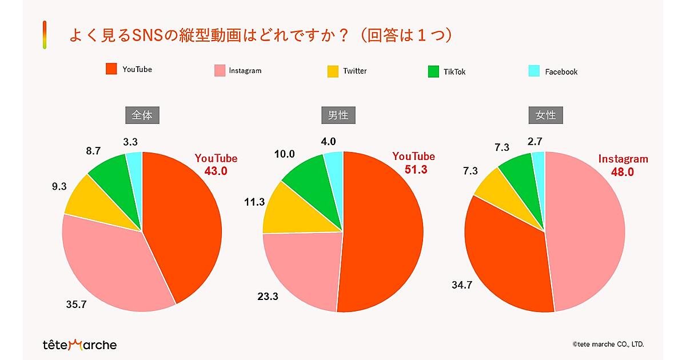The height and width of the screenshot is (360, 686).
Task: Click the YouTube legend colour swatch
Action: pos(111,69)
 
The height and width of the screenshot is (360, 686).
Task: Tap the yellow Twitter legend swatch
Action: pos(333,71)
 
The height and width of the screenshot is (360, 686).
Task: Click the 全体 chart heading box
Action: pos(142,115)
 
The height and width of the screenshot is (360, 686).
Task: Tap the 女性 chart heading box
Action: pos(545,115)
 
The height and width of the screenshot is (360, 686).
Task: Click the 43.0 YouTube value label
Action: pos(216,170)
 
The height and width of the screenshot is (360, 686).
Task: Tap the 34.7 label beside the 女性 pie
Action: pos(461,285)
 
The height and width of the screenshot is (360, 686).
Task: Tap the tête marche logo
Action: pos(79,345)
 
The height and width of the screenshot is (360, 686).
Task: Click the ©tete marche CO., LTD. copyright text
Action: pos(608,344)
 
